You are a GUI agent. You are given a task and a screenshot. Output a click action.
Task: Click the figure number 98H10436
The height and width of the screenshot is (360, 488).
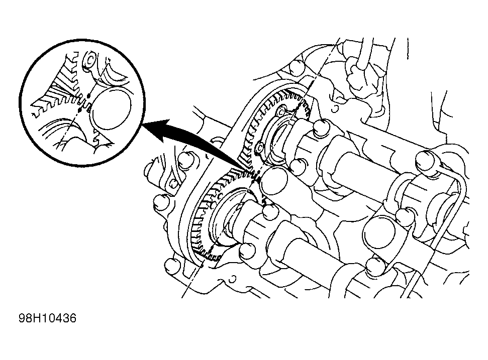click(48, 318)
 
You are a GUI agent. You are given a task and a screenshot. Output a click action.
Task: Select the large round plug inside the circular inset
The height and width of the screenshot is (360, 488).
click(111, 108)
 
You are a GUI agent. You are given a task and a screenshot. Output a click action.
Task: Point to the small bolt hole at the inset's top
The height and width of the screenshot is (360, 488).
click(90, 59)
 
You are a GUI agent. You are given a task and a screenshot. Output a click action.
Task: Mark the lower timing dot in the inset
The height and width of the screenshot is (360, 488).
click(80, 110)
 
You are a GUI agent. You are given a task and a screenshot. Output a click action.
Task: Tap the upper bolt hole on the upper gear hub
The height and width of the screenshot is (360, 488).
click(281, 110)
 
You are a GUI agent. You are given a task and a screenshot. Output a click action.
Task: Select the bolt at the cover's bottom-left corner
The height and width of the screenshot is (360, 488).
click(172, 266)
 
